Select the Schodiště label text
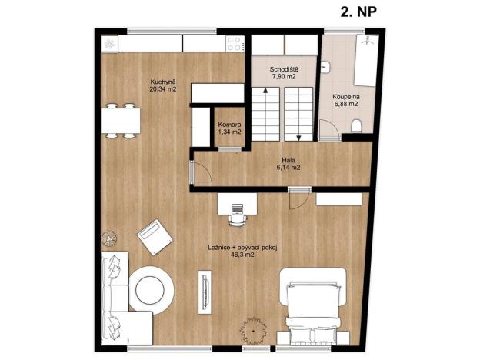283,70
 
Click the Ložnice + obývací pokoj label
242,247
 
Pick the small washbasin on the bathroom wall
326,68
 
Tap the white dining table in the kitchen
121,121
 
